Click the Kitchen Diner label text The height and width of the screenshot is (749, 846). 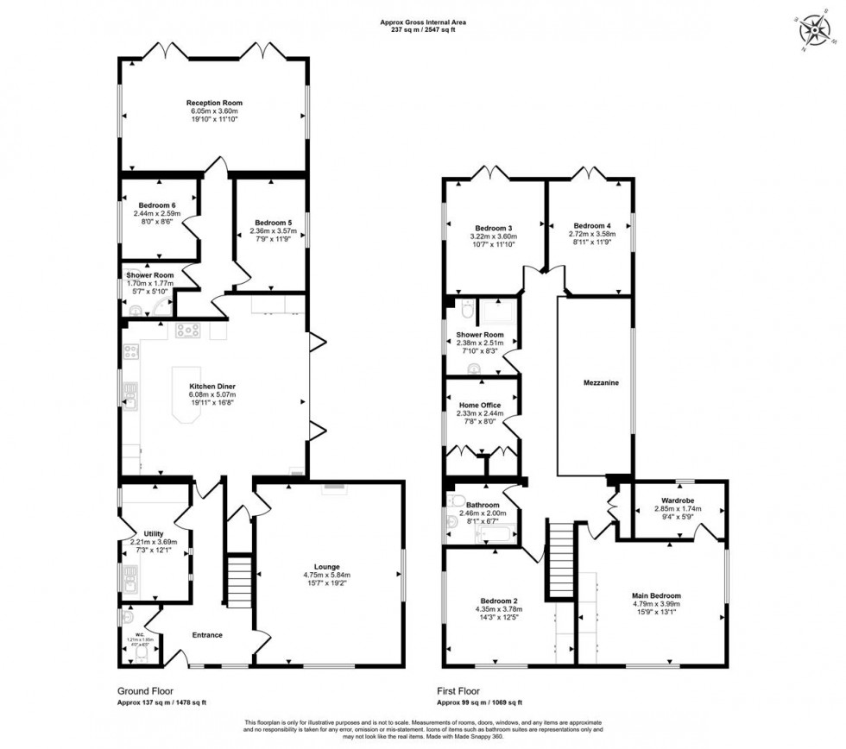point(214,386)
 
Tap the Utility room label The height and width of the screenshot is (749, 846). point(154,533)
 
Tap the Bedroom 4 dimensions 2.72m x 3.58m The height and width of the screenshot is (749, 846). point(590,234)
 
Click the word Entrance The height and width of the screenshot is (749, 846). point(207,635)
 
